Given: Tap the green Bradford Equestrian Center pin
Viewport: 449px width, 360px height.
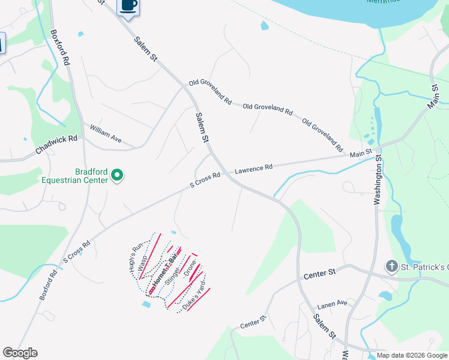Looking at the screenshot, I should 118,176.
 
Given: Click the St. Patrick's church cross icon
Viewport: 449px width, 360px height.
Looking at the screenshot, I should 391,266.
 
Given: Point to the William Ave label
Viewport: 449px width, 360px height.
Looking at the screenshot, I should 106,134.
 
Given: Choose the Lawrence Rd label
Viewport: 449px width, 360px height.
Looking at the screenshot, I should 253,170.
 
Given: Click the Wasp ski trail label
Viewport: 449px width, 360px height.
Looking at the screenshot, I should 143,265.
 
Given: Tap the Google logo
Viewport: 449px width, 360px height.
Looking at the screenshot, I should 20,353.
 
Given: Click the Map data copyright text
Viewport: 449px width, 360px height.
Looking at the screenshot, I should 412,355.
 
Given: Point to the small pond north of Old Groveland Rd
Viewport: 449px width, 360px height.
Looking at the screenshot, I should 265,26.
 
